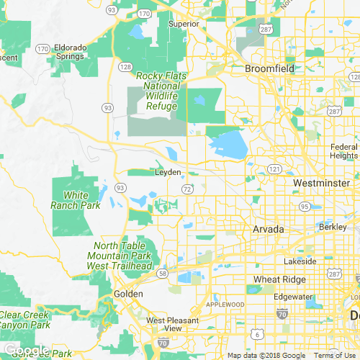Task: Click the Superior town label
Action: click(x=184, y=24)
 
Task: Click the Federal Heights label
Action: click(x=343, y=151)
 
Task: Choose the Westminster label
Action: click(x=321, y=184)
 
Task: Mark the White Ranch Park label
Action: click(x=75, y=200)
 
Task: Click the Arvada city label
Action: click(x=269, y=229)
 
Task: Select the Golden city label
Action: click(x=128, y=294)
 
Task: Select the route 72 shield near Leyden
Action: click(x=186, y=189)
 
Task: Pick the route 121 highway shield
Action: click(x=274, y=168)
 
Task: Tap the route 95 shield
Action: click(x=305, y=207)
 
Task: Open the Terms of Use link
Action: click(x=336, y=356)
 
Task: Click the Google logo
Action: click(x=27, y=351)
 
